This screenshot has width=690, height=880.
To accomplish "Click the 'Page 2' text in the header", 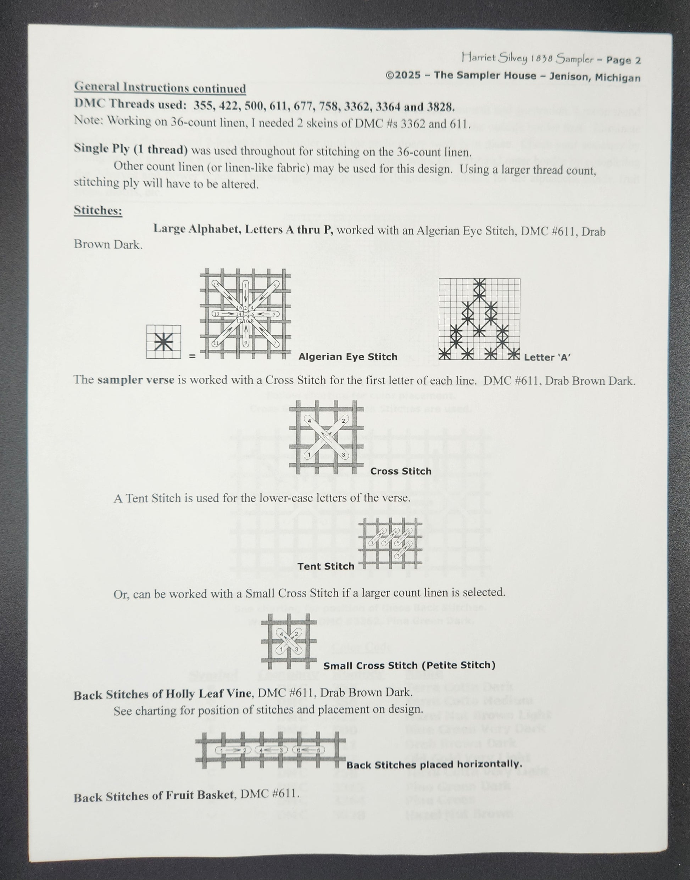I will click(623, 61).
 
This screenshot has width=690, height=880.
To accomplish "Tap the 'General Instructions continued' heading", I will click(160, 87).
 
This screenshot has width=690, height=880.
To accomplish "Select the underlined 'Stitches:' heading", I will click(98, 211).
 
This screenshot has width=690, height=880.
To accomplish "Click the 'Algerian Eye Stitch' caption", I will click(347, 357).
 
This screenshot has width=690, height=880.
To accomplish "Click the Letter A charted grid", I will click(479, 319).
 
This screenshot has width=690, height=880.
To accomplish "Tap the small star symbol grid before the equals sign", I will click(163, 342).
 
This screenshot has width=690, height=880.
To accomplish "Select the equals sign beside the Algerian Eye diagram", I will click(192, 357).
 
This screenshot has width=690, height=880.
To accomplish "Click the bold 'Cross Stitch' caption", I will click(401, 471).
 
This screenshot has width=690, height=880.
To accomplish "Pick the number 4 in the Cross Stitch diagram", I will click(310, 421).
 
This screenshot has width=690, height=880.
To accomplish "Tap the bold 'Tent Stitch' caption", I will click(325, 566).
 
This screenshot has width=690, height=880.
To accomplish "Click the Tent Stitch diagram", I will click(390, 543).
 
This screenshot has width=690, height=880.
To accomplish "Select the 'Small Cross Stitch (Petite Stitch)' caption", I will click(409, 665).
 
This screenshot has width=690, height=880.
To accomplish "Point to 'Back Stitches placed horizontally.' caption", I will click(434, 764).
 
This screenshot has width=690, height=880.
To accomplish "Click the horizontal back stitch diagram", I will click(270, 750).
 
